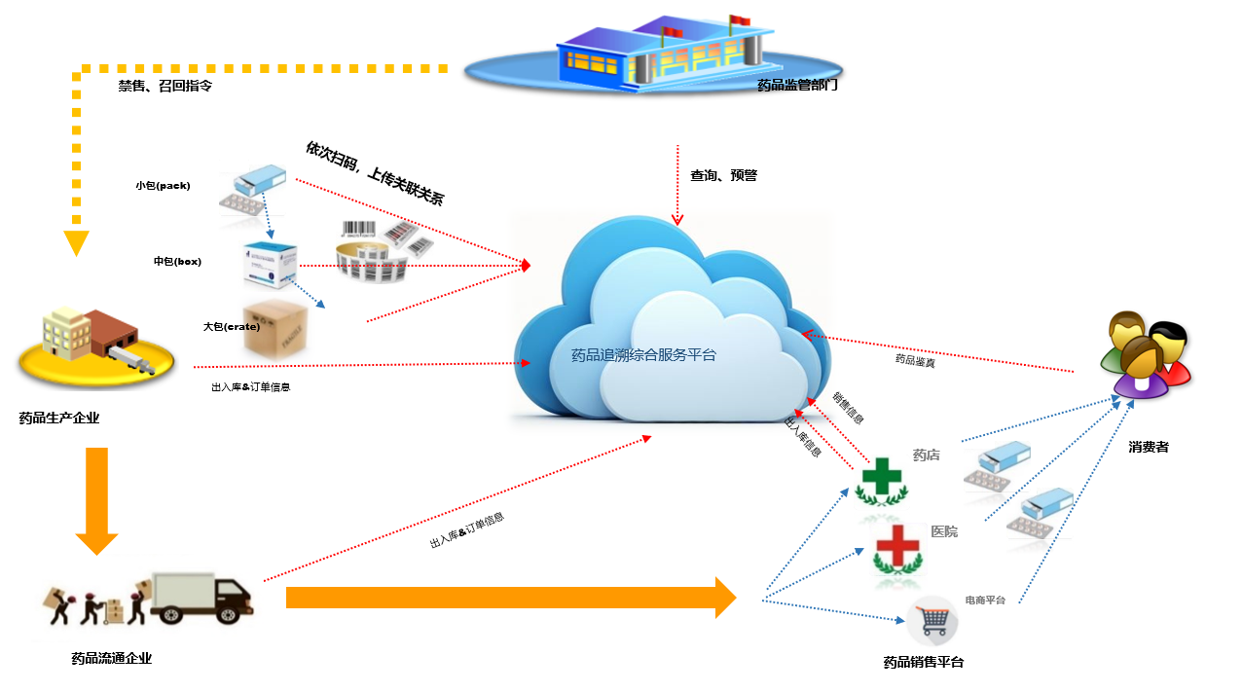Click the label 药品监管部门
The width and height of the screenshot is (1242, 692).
pyautogui.click(x=797, y=86)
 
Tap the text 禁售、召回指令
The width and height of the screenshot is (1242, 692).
pyautogui.click(x=165, y=86)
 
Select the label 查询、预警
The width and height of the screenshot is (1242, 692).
pyautogui.click(x=723, y=176)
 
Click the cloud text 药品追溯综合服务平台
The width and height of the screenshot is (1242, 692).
pyautogui.click(x=643, y=355)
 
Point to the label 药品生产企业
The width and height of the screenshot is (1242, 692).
pyautogui.click(x=59, y=419)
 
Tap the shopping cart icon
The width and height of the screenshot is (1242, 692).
pyautogui.click(x=932, y=620)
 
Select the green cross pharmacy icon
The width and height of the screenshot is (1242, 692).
pyautogui.click(x=879, y=481)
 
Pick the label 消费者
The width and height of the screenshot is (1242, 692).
pyautogui.click(x=1149, y=448)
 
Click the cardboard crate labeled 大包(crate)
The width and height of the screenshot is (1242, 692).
pyautogui.click(x=275, y=328)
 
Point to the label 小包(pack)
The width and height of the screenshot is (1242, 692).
pyautogui.click(x=163, y=185)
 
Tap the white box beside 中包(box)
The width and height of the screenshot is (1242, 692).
pyautogui.click(x=270, y=265)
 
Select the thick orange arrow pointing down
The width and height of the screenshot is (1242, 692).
pyautogui.click(x=96, y=501)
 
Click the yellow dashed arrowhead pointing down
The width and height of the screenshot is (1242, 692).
pyautogui.click(x=76, y=242)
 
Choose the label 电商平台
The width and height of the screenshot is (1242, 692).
pyautogui.click(x=985, y=601)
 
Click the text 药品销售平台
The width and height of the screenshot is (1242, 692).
pyautogui.click(x=923, y=663)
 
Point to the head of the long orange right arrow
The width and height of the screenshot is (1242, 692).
pyautogui.click(x=725, y=597)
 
